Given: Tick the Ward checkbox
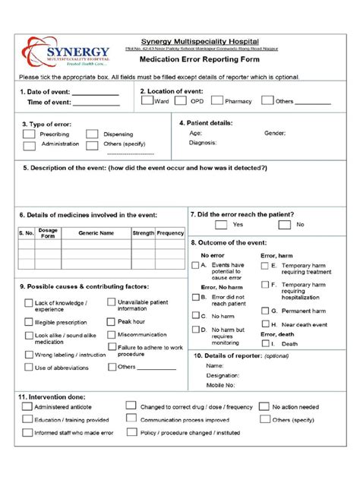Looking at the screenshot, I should coord(147,100).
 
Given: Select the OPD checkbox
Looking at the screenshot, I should coord(182,100).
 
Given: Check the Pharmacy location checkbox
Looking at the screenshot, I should coord(217,100).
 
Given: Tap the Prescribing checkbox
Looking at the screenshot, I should coord(28,134).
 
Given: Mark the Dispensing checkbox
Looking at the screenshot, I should coord(92,134).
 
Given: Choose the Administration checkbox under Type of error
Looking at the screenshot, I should coord(28,144).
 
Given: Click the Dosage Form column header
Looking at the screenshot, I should coord(48,233).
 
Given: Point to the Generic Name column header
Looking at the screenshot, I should coord(96,233).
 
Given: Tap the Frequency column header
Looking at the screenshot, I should coord(170,233).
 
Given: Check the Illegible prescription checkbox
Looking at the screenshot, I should coord(27,322).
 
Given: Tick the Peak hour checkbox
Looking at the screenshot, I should coord(110,321).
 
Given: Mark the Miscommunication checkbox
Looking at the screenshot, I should coord(110,334).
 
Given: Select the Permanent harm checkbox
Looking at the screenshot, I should coord(265,311).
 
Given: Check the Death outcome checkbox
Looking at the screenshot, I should coord(265,343).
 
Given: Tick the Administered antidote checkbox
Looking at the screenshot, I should coord(27,406).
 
